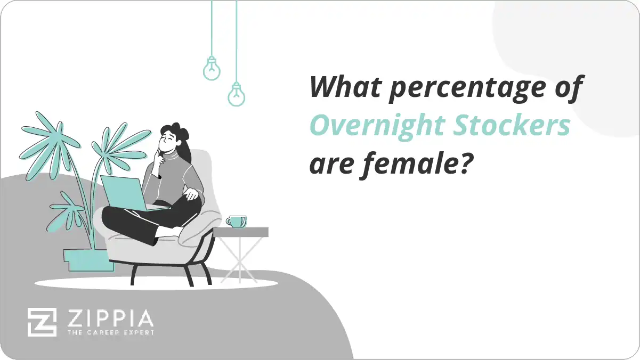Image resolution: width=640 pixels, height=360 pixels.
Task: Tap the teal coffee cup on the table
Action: tap(236, 221)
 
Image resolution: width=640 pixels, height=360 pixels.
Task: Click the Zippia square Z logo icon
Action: tap(42, 322)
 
